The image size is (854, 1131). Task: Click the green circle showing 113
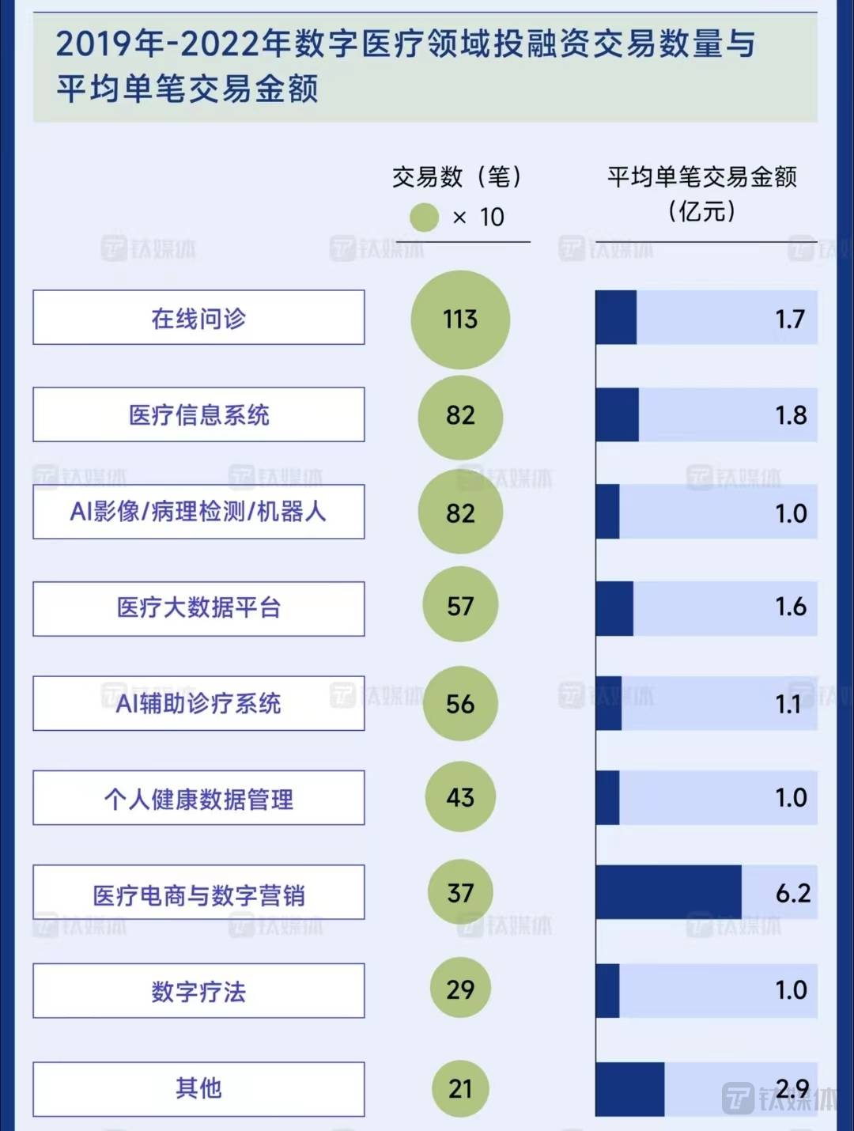(460, 320)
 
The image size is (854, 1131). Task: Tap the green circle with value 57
(460, 607)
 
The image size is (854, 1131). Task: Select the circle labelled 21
(460, 1089)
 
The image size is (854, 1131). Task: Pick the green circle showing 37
(460, 894)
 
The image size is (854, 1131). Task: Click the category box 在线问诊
(198, 318)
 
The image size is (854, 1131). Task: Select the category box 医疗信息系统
(198, 415)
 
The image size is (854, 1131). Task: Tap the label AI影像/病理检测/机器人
(198, 512)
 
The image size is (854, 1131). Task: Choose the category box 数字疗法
(198, 991)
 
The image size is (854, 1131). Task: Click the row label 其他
(198, 1089)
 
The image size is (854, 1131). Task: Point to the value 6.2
(793, 893)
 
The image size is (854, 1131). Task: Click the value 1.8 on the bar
(791, 415)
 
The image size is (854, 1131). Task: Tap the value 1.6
(791, 607)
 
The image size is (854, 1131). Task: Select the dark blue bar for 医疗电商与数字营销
(668, 893)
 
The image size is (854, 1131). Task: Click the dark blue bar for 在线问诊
(616, 318)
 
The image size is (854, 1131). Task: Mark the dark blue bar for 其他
(630, 1089)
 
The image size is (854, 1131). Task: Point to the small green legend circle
(424, 217)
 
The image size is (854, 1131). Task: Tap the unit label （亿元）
(702, 212)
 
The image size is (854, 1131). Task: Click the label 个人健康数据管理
(198, 799)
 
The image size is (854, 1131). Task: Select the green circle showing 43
(460, 797)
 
